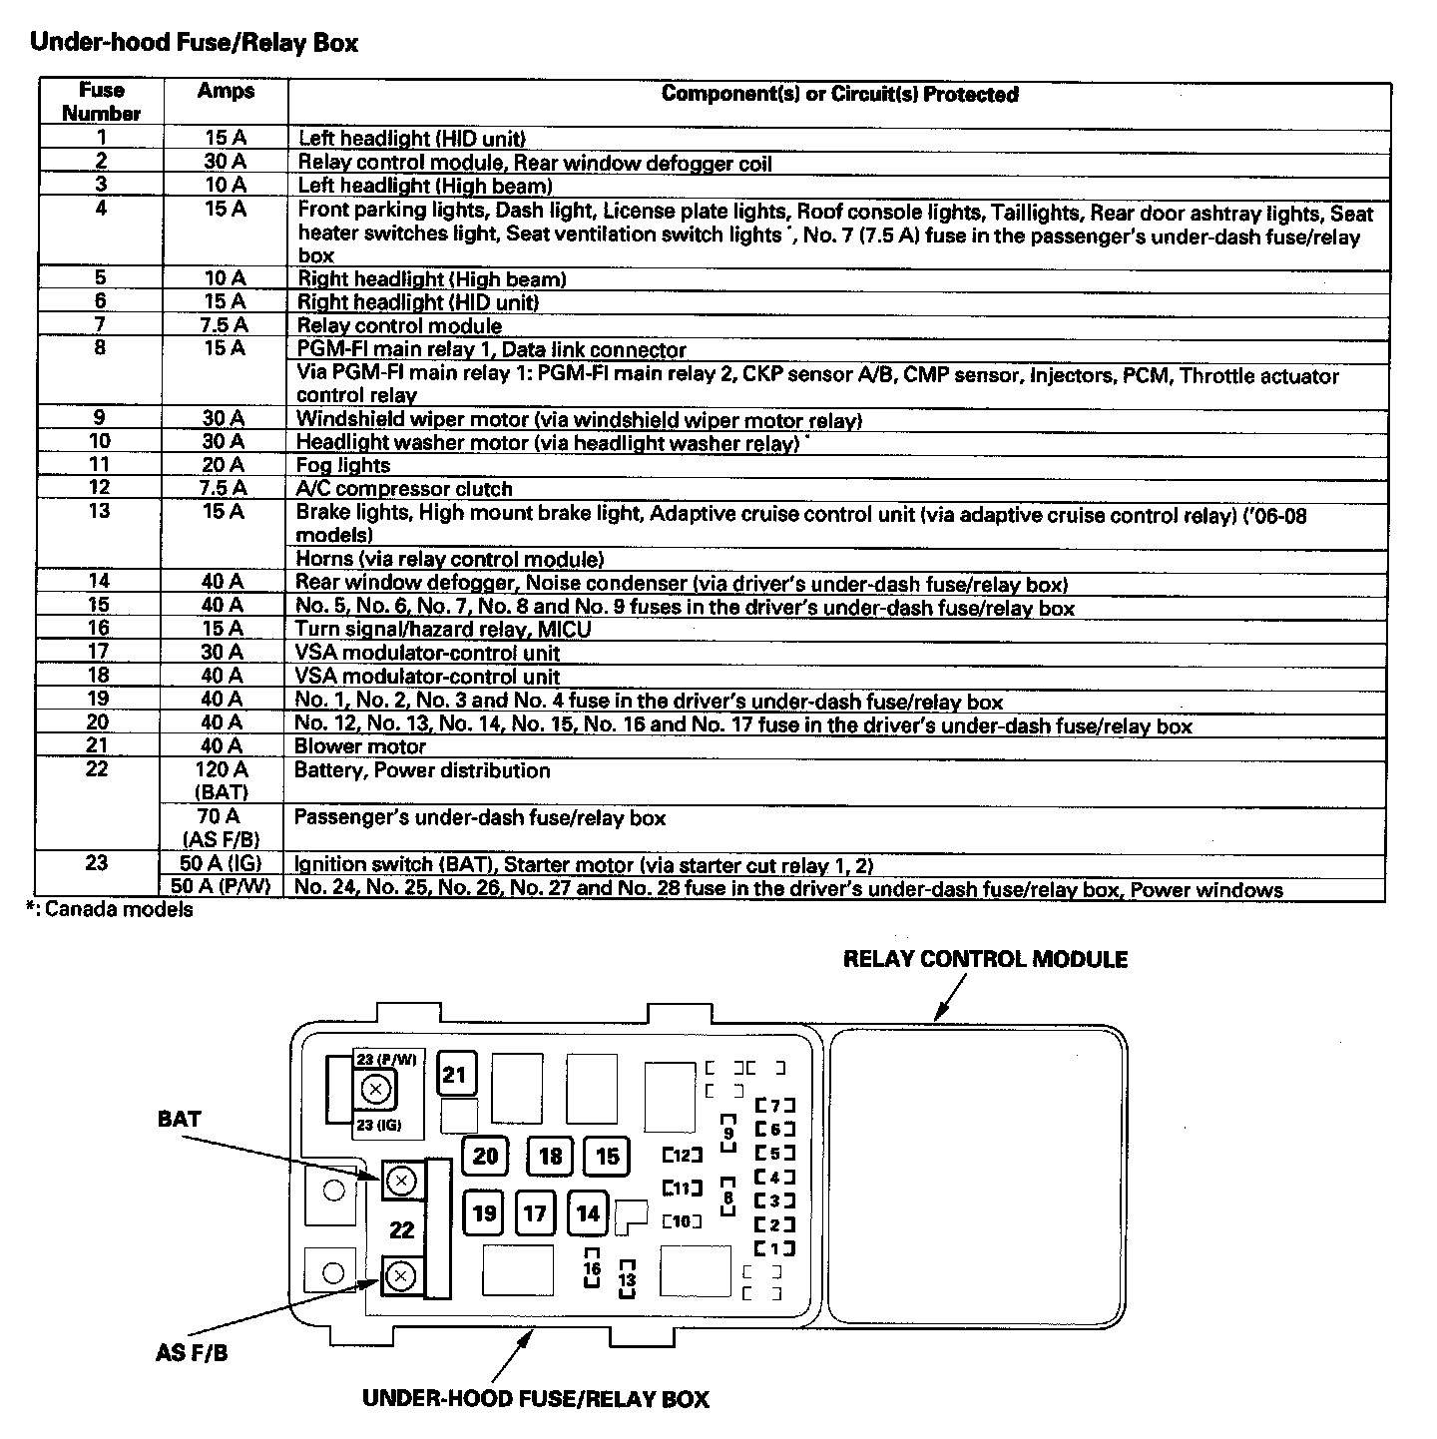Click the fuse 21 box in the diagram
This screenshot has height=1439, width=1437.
455,1075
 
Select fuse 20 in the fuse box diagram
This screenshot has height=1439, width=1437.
485,1157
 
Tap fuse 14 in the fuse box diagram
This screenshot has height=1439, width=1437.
588,1213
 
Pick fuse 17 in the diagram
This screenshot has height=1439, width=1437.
535,1213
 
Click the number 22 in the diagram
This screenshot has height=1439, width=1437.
401,1229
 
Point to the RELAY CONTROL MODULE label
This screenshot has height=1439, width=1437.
985,960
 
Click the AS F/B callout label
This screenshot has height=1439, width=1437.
192,1354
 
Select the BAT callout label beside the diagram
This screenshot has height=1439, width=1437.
180,1119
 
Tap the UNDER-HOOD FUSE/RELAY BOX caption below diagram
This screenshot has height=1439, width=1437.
535,1398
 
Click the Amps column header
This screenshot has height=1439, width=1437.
226,92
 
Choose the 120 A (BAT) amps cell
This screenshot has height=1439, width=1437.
223,780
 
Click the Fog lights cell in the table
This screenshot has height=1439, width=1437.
343,465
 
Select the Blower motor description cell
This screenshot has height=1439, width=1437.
360,746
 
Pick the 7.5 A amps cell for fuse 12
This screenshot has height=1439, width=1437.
223,488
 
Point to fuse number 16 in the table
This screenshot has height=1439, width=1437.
99,628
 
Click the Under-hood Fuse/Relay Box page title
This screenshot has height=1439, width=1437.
194,43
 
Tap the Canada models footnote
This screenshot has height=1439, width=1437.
110,909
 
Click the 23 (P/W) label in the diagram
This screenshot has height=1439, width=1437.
386,1060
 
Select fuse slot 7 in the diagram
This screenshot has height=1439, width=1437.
774,1106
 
